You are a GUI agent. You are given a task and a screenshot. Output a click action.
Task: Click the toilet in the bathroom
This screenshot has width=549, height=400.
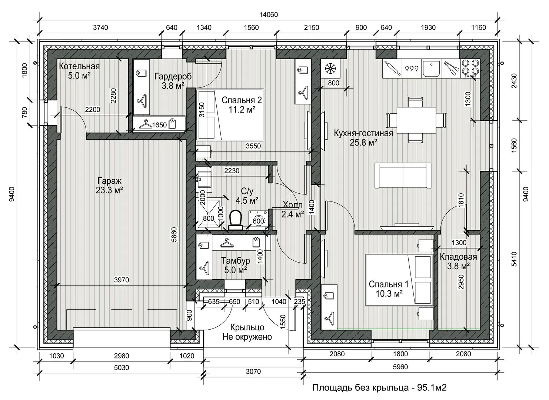pos(235,220)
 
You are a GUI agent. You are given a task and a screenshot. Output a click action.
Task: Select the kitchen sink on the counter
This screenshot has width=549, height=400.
pos(431,69)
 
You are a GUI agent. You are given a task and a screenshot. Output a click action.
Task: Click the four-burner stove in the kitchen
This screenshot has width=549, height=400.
pos(470,69)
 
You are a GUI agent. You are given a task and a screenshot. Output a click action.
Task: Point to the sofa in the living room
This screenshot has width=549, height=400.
pos(403,176)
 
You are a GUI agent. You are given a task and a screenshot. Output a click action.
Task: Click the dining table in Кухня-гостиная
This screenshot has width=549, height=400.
pos(416,120)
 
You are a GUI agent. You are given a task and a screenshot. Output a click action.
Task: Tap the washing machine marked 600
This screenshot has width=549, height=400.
pos(258,220)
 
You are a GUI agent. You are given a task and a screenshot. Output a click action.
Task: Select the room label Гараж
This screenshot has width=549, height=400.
pos(109,181)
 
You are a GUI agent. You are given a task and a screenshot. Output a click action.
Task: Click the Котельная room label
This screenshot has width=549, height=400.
pos(79,66)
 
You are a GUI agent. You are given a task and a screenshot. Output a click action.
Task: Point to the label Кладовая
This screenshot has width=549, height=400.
pos(458,257)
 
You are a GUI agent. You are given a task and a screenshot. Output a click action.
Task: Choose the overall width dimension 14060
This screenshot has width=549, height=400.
pos(269,15)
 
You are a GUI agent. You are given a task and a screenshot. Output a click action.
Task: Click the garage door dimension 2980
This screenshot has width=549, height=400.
pos(122,356)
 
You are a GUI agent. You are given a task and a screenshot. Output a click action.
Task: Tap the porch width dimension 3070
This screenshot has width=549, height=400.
pos(253,371)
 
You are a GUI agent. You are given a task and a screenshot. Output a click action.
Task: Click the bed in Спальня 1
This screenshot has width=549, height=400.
pos(398,280)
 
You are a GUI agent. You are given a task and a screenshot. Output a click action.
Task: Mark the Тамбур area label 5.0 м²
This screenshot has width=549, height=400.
pos(235,270)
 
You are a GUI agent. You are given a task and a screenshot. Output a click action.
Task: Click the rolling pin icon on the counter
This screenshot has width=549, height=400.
pos(392,69)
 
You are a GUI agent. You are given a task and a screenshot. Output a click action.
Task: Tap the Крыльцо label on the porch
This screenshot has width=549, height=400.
pos(247,327)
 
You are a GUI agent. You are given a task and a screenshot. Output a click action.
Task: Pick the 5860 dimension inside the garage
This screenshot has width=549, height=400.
pos(174,234)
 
